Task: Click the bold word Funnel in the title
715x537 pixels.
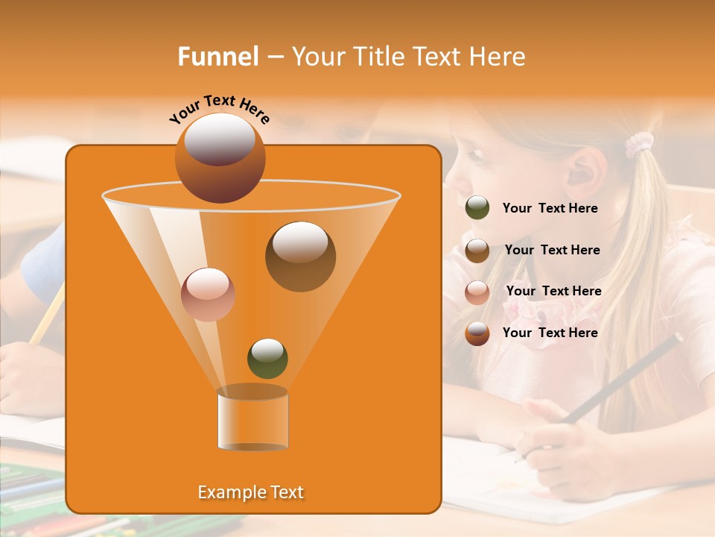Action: tap(218, 57)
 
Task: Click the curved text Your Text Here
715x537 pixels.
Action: tap(220, 109)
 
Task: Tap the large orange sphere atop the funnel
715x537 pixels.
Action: tap(220, 157)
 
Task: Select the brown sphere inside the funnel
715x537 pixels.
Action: tap(300, 257)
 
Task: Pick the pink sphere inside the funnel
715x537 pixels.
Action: tap(208, 294)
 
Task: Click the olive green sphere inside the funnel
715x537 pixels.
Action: tap(267, 358)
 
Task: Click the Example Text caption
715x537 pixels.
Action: tap(250, 492)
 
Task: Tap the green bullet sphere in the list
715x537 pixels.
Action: tap(477, 208)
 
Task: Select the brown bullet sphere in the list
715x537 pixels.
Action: tap(477, 250)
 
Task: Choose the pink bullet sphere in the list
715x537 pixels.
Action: tap(477, 292)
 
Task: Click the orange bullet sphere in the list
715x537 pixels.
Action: tap(477, 333)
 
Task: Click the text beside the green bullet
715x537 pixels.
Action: tap(550, 208)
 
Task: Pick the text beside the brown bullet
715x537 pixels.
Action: tap(552, 250)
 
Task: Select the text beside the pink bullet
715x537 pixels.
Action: tap(553, 291)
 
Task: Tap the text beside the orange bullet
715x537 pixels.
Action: tap(550, 333)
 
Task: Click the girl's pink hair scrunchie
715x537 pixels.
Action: tap(638, 144)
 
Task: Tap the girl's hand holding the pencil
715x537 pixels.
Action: tap(551, 440)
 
